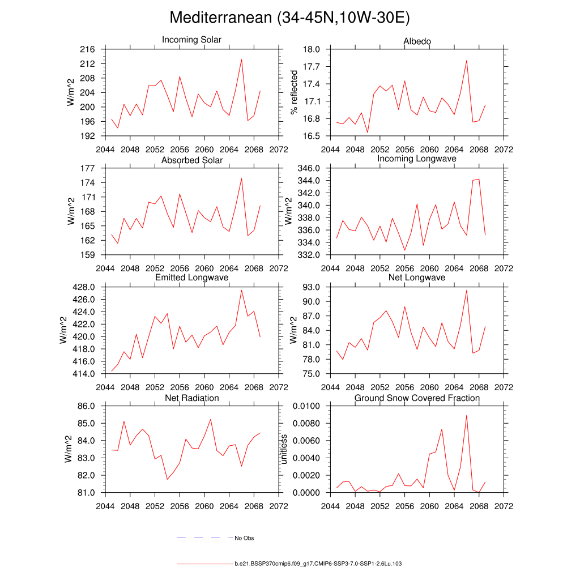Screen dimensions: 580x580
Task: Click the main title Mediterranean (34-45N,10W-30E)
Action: (x=289, y=18)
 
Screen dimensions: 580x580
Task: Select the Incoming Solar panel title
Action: (x=191, y=40)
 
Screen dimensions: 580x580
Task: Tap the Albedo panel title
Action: (x=417, y=42)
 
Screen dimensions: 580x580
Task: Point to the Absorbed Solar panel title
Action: (x=192, y=160)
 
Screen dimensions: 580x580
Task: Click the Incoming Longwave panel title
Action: (x=417, y=159)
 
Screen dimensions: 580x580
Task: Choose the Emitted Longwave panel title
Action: (x=192, y=278)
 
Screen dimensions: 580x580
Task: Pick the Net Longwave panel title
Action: (x=417, y=278)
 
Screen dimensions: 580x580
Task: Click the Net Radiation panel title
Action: (x=192, y=398)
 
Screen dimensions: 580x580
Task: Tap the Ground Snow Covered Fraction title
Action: (x=417, y=398)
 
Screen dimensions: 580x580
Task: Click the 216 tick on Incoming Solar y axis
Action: (x=88, y=49)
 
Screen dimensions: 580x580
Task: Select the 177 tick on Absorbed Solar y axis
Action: (x=88, y=168)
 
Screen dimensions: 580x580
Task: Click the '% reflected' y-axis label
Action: (x=293, y=92)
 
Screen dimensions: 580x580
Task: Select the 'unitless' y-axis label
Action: (x=284, y=449)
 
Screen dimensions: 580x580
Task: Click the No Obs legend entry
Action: (x=244, y=538)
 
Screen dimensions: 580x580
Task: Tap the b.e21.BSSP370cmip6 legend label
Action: (x=318, y=564)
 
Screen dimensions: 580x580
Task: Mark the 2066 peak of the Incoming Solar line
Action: (x=241, y=59)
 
